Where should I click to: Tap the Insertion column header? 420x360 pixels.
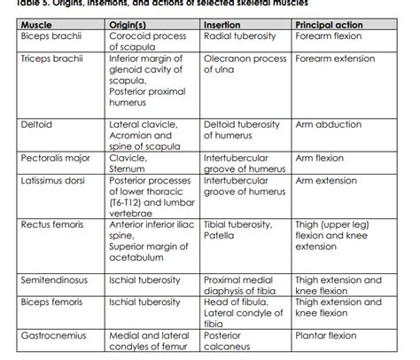tap(224, 26)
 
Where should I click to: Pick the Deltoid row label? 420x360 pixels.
tap(36, 125)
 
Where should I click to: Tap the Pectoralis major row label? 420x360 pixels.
tap(55, 158)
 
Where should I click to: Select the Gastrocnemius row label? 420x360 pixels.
tap(53, 336)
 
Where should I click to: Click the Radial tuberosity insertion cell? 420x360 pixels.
tap(242, 37)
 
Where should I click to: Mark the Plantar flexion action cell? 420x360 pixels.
tap(326, 336)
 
